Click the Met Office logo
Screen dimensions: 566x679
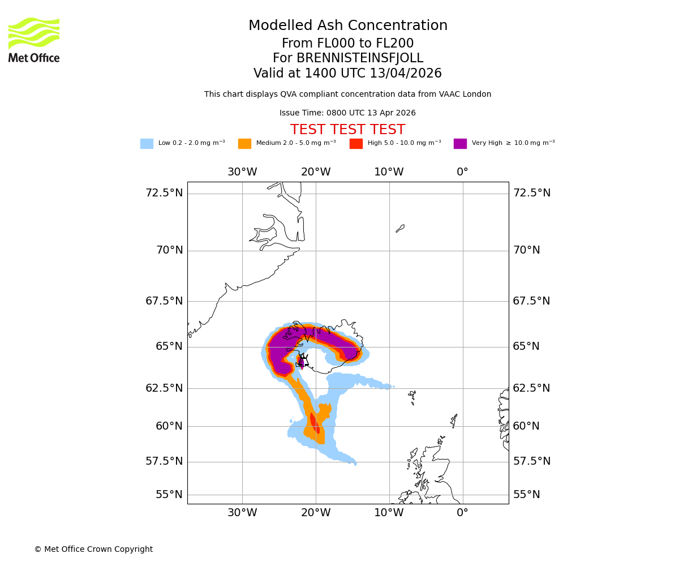[34, 40]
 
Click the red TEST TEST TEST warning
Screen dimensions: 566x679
[347, 130]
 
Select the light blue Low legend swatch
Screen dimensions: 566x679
[147, 144]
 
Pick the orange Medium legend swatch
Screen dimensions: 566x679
[244, 144]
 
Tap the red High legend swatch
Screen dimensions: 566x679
[356, 144]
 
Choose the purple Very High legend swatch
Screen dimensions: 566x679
[460, 144]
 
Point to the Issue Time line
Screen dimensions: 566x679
[347, 113]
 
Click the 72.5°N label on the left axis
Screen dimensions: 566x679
[164, 193]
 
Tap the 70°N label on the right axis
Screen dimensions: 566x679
[526, 250]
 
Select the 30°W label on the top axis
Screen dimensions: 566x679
[242, 172]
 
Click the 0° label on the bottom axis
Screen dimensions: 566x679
[462, 513]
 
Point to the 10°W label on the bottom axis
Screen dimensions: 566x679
[389, 513]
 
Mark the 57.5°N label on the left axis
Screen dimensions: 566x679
[164, 461]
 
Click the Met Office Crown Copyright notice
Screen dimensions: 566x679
[93, 549]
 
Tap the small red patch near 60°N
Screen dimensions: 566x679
[314, 423]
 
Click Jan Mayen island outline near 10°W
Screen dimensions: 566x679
[400, 228]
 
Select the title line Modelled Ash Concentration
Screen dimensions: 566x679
[347, 26]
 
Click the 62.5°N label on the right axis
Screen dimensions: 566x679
[531, 388]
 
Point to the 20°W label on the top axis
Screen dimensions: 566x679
[316, 172]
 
